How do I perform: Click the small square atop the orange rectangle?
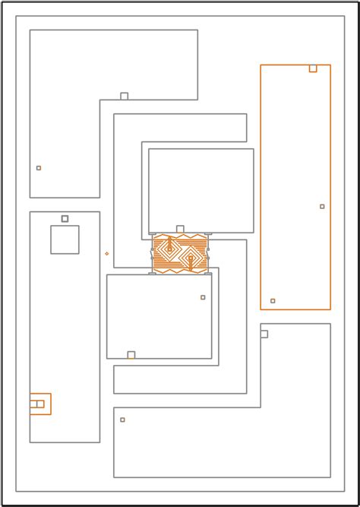tap(313, 68)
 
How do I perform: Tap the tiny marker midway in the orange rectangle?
tap(322, 207)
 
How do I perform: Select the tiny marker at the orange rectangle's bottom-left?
tap(273, 301)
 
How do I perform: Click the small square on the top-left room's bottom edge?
tap(125, 97)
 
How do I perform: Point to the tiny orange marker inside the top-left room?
tap(39, 168)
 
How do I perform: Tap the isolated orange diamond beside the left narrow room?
tap(106, 253)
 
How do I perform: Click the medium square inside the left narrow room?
tap(65, 239)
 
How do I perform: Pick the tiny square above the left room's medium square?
tap(65, 219)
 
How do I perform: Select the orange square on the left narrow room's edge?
tap(40, 404)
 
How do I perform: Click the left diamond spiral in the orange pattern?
tap(169, 249)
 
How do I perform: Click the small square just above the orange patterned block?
tap(180, 229)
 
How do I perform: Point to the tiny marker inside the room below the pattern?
tap(203, 297)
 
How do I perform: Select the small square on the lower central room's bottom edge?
tap(131, 355)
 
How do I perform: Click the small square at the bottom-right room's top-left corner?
tap(264, 334)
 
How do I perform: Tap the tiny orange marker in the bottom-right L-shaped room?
tap(122, 420)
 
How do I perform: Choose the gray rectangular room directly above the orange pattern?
tap(201, 190)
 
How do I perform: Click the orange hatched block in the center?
tap(180, 254)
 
